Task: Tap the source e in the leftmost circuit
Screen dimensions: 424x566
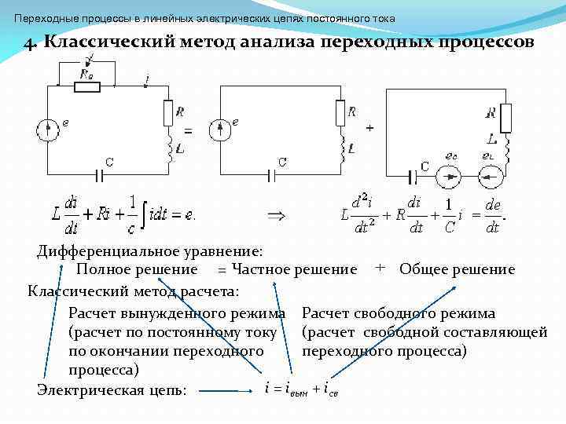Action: pyautogui.click(x=49, y=129)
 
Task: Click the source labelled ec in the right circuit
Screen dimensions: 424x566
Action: pyautogui.click(x=450, y=177)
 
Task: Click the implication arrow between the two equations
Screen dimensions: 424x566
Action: pyautogui.click(x=277, y=214)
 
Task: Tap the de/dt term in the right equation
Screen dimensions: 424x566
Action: pyautogui.click(x=492, y=214)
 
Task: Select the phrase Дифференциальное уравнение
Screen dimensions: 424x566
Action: pyautogui.click(x=149, y=251)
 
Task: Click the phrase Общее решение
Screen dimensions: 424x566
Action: pyautogui.click(x=457, y=269)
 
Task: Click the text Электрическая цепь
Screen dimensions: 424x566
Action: pyautogui.click(x=112, y=389)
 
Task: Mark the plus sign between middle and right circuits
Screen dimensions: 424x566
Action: pyautogui.click(x=369, y=126)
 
